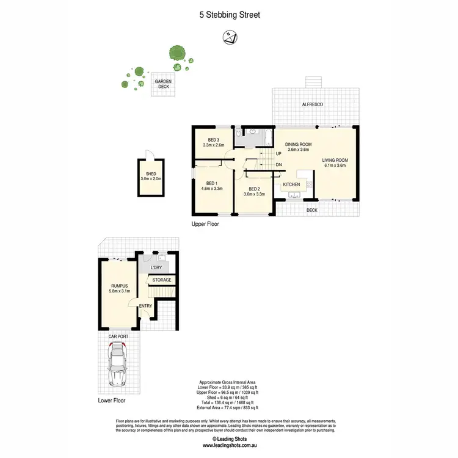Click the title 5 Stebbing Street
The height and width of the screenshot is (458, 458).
pos(229,15)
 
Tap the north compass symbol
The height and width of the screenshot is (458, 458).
pos(230,38)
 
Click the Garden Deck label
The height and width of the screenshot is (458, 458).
pos(163,84)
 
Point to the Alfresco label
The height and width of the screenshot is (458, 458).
pos(313,105)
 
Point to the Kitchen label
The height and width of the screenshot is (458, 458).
pos(291,184)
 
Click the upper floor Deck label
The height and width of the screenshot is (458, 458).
pos(312,210)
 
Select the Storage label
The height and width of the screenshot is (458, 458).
pos(161,280)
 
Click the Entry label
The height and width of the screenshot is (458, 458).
pos(147,306)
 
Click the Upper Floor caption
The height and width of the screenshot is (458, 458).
pos(205,224)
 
